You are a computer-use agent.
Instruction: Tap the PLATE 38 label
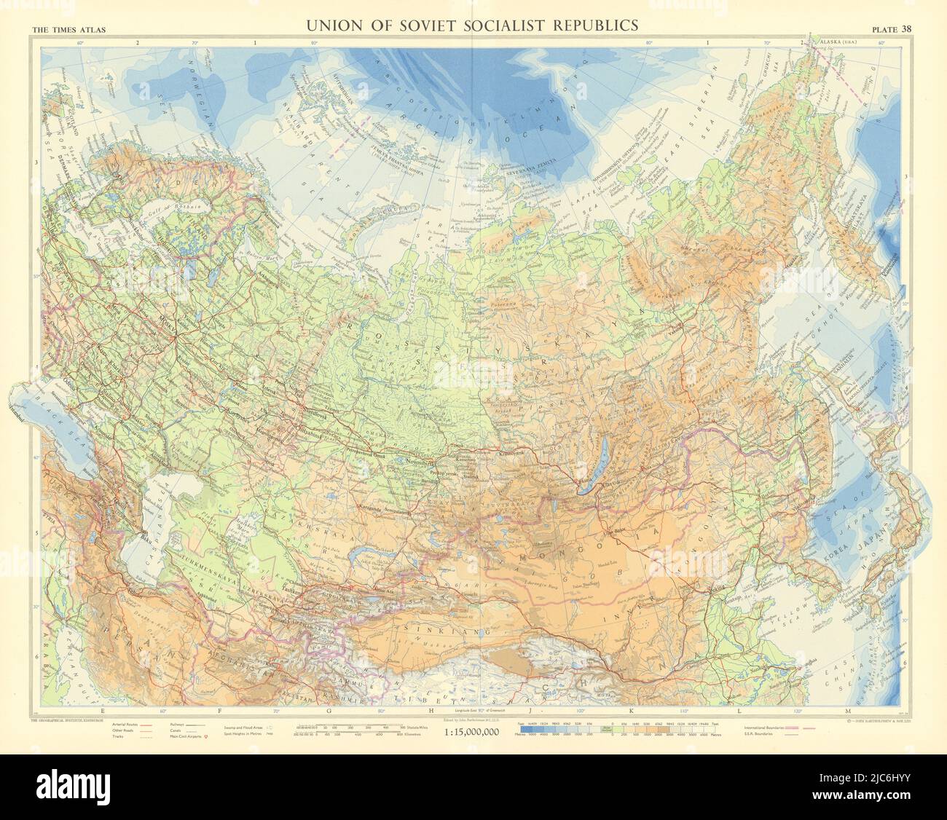(x=895, y=29)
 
